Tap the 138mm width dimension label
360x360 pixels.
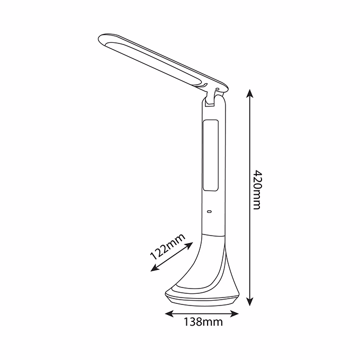pyautogui.click(x=203, y=322)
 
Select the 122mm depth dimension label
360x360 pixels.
pyautogui.click(x=167, y=246)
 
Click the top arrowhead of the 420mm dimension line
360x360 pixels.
pyautogui.click(x=249, y=94)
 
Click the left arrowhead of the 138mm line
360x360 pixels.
pyautogui.click(x=169, y=313)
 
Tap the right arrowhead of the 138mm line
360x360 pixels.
pyautogui.click(x=235, y=313)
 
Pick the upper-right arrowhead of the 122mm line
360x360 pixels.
pyautogui.click(x=189, y=245)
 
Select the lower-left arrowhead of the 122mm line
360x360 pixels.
pyautogui.click(x=155, y=268)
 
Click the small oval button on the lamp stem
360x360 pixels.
pyautogui.click(x=209, y=211)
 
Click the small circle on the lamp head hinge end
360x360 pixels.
pyautogui.click(x=217, y=88)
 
